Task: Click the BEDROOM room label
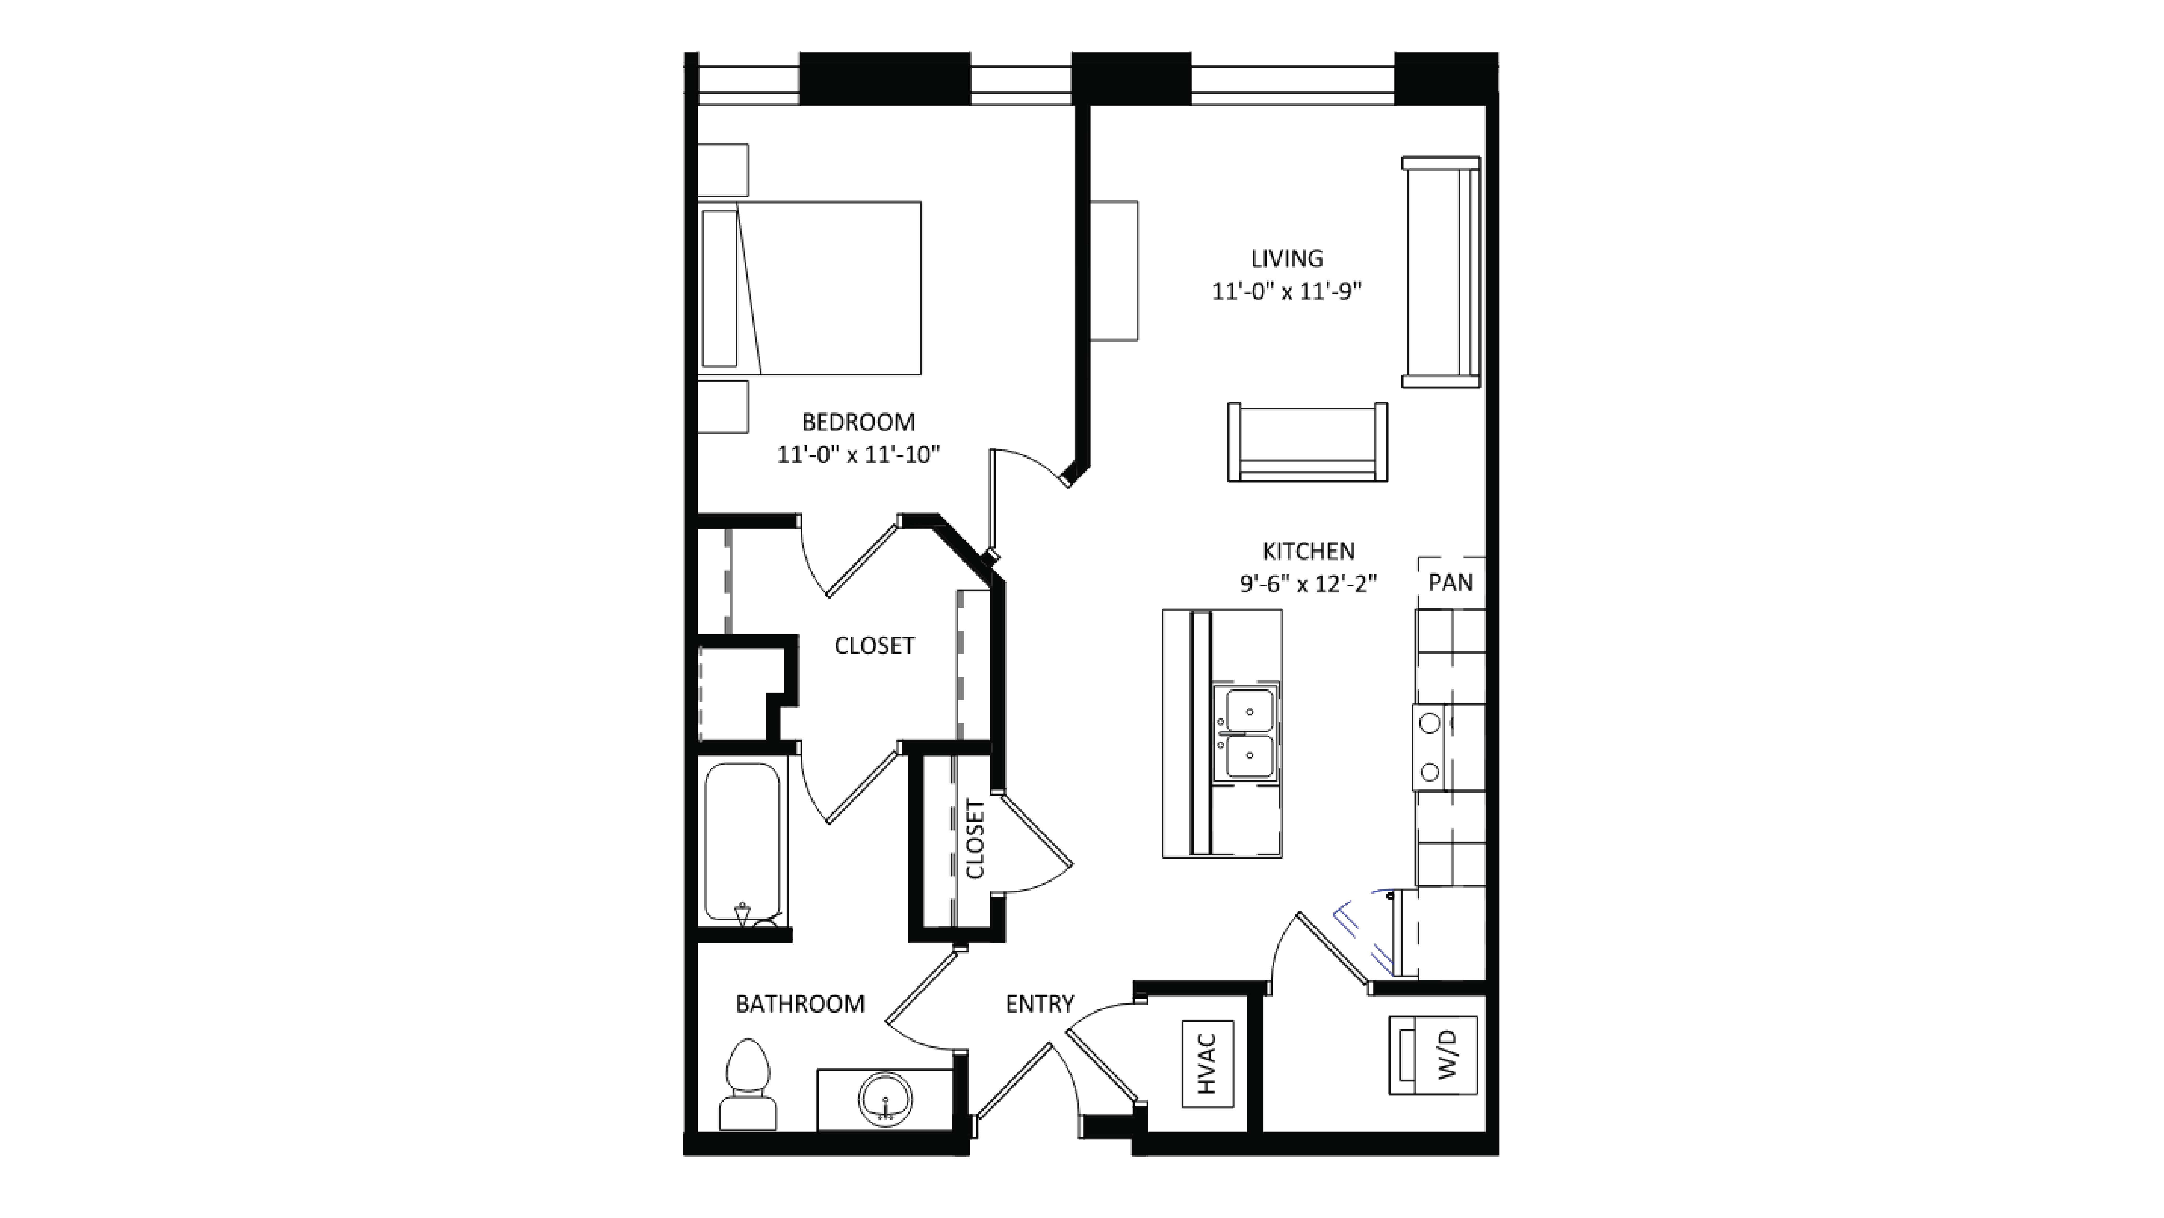click(x=858, y=422)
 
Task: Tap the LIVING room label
click(x=1286, y=259)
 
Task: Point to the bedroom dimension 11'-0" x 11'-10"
click(x=858, y=455)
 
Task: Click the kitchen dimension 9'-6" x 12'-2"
click(x=1308, y=584)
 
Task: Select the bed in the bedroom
click(x=810, y=287)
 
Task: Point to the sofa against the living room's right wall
click(x=1441, y=271)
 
